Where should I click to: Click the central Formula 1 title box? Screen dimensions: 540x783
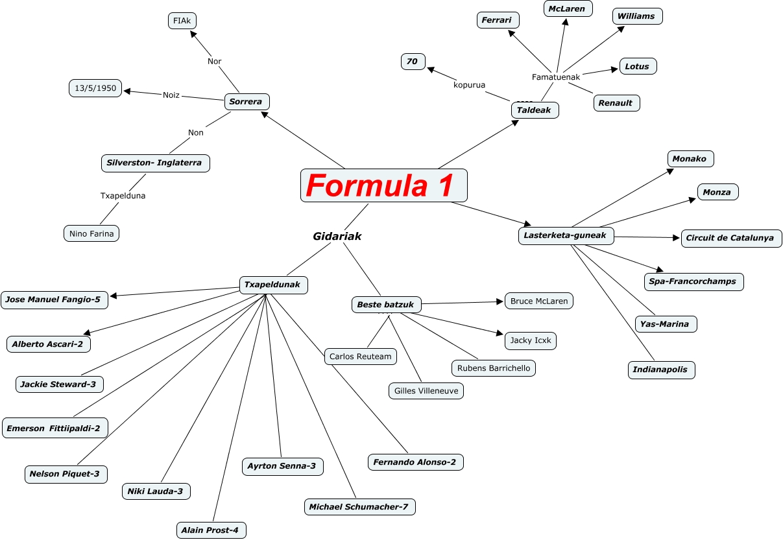[x=384, y=185]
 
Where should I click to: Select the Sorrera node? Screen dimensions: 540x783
[x=247, y=102]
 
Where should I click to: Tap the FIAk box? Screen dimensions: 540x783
[x=182, y=21]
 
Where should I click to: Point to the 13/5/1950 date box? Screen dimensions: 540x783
[x=95, y=88]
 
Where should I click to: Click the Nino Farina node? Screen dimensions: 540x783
[x=91, y=233]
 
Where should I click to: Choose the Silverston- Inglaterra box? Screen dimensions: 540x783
[x=156, y=163]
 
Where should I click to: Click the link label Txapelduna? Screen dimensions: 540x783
[x=123, y=195]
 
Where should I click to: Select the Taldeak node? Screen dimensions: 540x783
[x=535, y=110]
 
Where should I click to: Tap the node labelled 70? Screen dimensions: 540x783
[x=413, y=62]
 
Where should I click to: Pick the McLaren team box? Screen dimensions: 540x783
[x=567, y=9]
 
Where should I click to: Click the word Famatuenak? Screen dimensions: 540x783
[x=556, y=77]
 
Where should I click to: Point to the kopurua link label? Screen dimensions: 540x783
[x=470, y=85]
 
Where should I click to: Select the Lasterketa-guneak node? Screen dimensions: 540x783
[x=566, y=235]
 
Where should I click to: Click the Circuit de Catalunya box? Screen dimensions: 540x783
[x=731, y=238]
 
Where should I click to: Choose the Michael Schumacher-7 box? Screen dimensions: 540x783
[x=359, y=506]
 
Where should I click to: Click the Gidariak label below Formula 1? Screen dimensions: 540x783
[x=337, y=237]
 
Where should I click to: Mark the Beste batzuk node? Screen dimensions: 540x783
[x=385, y=303]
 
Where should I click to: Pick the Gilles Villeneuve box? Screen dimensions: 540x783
[x=426, y=391]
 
